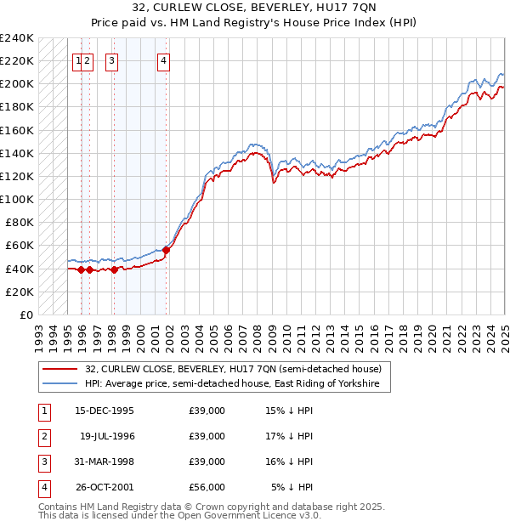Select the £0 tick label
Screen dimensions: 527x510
26,314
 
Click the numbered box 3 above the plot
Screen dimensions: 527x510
112,60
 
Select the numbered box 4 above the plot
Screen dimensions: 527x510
162,60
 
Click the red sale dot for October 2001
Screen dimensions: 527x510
167,250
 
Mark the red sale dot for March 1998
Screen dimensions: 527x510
114,269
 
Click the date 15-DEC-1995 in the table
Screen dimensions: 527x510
104,411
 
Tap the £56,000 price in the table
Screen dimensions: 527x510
207,487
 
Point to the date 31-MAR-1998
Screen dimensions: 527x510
104,462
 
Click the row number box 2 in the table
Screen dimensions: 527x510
43,436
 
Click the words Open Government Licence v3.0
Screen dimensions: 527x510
260,515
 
